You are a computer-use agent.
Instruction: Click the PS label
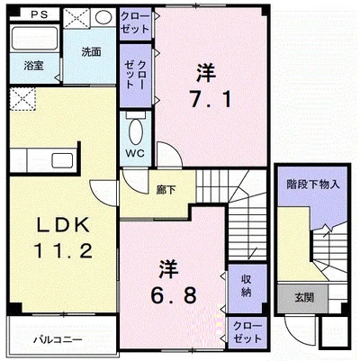(40, 14)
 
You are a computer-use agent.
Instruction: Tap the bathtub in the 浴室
(34, 39)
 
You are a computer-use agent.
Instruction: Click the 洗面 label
(91, 52)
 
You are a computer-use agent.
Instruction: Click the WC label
(135, 153)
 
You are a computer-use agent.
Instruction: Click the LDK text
(63, 225)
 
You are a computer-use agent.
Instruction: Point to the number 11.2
(63, 250)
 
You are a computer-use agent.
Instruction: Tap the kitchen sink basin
(62, 160)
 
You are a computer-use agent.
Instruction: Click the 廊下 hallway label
(166, 189)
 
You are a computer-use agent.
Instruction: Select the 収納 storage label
(246, 286)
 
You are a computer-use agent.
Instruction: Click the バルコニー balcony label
(58, 340)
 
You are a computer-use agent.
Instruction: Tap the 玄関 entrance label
(304, 298)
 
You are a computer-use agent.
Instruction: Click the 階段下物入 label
(313, 184)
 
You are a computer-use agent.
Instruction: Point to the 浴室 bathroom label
(33, 66)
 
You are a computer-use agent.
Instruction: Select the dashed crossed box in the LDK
(22, 99)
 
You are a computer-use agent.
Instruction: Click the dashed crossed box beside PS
(76, 18)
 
